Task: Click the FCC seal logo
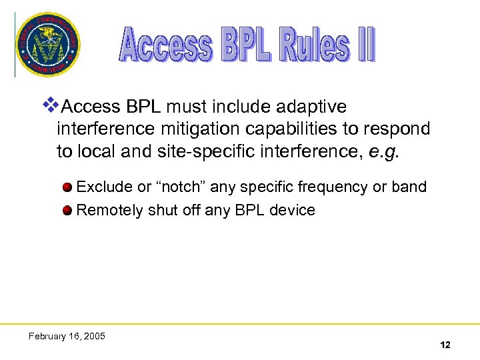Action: tap(47, 45)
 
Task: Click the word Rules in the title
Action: tap(314, 45)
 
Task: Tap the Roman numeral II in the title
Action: tap(365, 45)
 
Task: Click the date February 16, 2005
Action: tap(67, 336)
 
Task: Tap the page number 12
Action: tap(445, 345)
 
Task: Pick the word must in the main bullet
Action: tap(186, 107)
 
